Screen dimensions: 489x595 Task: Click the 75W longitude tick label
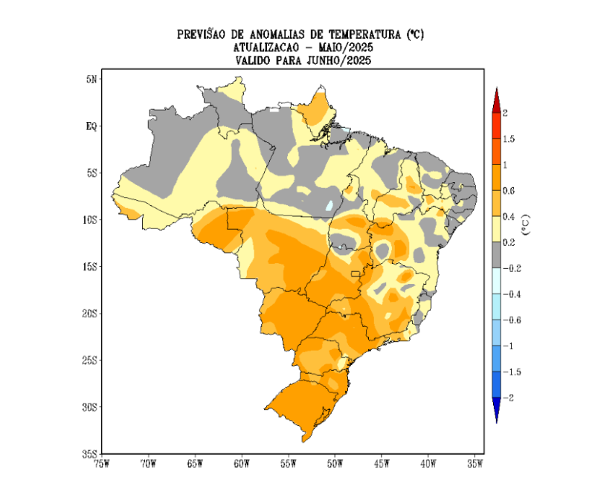[100, 464]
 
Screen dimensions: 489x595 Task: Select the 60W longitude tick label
[241, 464]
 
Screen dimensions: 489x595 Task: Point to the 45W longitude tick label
[382, 464]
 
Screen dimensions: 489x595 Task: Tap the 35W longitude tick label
[475, 464]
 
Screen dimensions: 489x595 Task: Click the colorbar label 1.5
[510, 139]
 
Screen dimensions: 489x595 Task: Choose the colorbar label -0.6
[512, 320]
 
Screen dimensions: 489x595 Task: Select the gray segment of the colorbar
[496, 255]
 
